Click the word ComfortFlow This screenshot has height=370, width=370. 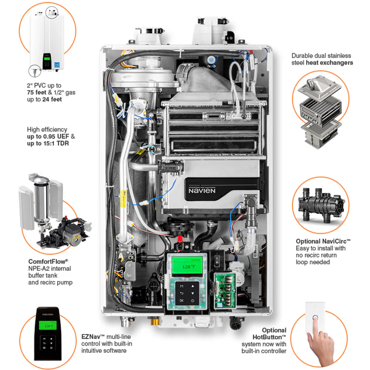click(x=48, y=261)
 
